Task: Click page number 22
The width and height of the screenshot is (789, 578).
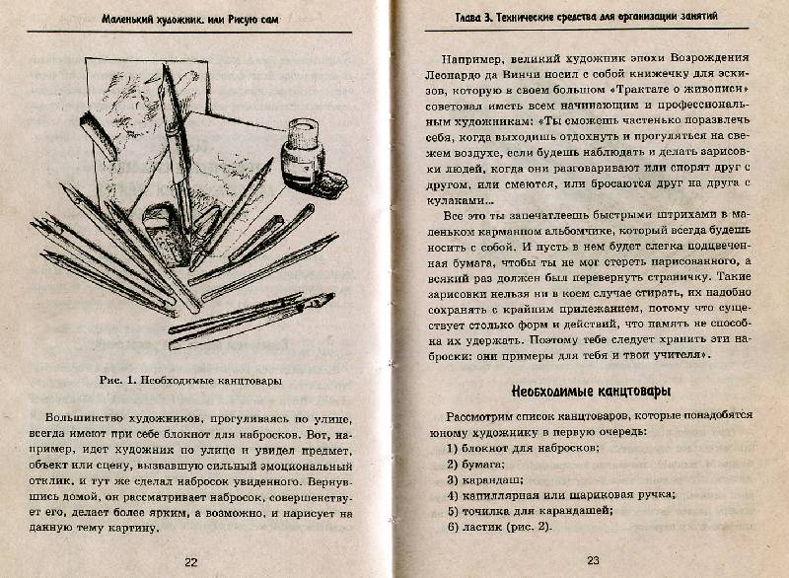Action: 190,561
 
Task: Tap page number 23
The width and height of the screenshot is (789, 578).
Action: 593,561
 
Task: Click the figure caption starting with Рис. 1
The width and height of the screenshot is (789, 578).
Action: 190,378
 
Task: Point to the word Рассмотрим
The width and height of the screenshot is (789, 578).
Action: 482,415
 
